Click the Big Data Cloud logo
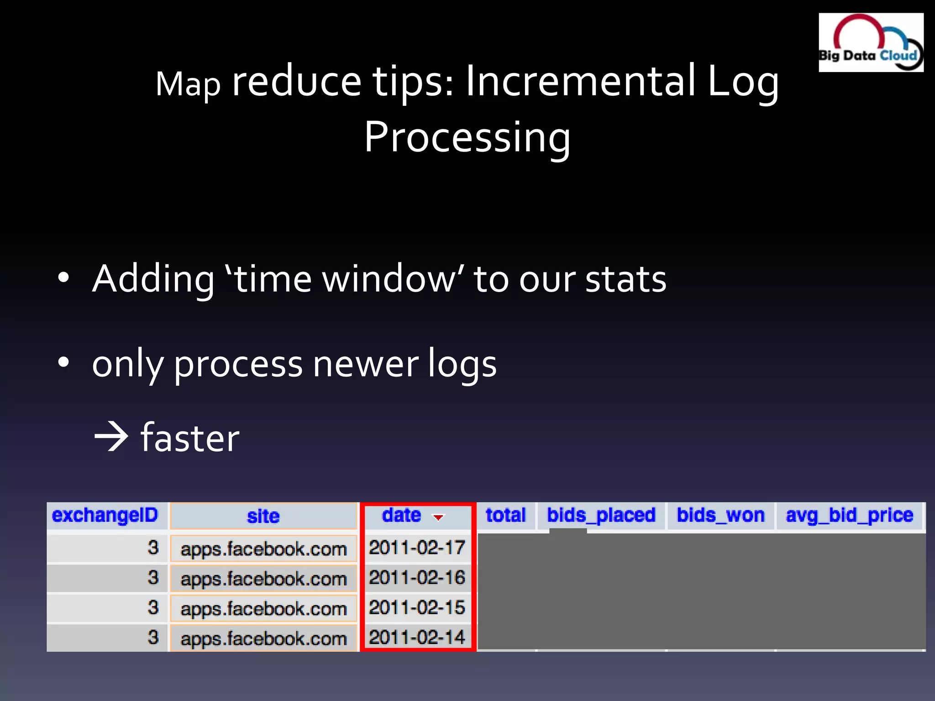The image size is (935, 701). [x=871, y=42]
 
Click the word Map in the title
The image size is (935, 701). [x=188, y=84]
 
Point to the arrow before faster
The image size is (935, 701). [x=111, y=437]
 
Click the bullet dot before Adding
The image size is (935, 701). [x=63, y=277]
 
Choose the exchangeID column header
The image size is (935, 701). [x=105, y=515]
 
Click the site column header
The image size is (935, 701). [x=263, y=516]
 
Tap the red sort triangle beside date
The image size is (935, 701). [x=438, y=518]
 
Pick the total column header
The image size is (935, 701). [x=505, y=515]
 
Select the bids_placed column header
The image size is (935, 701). [x=601, y=515]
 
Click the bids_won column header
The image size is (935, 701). [x=720, y=515]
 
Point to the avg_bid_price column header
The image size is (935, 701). [x=849, y=515]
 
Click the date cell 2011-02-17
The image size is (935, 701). [x=417, y=548]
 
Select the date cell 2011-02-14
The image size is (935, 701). [x=417, y=638]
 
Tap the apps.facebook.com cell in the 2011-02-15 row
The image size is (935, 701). [x=263, y=609]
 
